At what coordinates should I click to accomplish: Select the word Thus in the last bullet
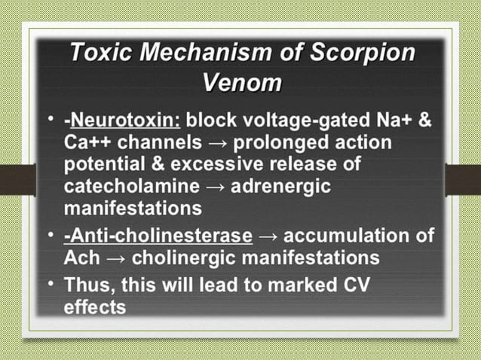click(x=90, y=287)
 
